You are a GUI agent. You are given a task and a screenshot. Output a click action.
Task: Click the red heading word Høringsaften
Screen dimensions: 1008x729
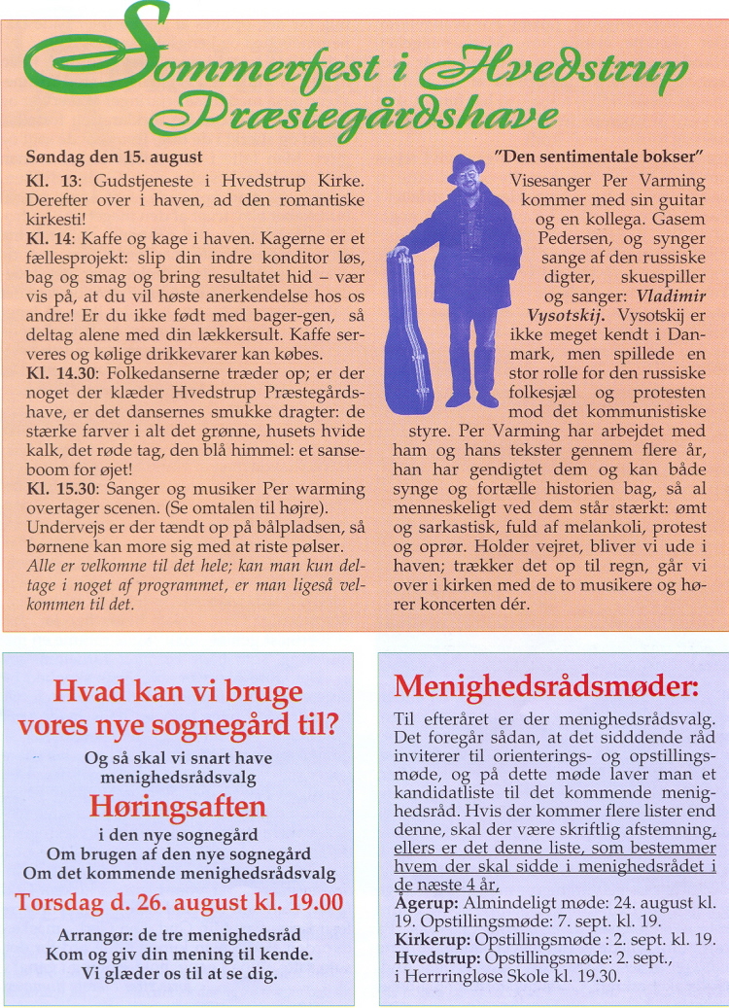[x=179, y=806]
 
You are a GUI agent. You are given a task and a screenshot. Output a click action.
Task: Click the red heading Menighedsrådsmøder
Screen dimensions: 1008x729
[x=546, y=686]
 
